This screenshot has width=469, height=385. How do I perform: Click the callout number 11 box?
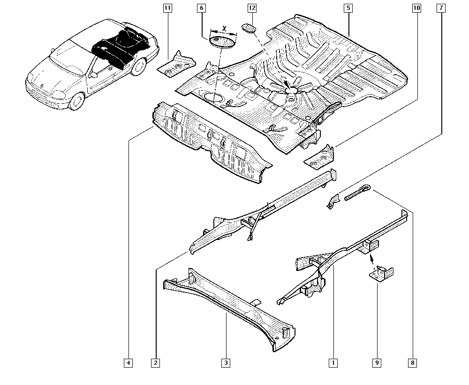click(167, 8)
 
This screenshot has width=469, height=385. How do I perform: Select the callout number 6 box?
click(201, 8)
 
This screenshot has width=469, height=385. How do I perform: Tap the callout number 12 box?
click(252, 8)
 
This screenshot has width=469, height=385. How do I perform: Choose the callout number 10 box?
click(416, 8)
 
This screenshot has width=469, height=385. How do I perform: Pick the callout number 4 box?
click(129, 362)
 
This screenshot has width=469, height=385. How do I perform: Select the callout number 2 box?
click(155, 362)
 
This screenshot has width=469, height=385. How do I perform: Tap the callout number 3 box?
click(226, 362)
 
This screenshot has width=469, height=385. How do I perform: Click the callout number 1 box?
click(333, 362)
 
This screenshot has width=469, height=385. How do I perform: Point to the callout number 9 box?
click(377, 362)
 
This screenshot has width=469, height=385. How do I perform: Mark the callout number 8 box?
click(412, 362)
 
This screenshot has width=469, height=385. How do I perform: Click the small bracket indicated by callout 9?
click(382, 274)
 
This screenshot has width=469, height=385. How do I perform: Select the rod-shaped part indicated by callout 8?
click(357, 193)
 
